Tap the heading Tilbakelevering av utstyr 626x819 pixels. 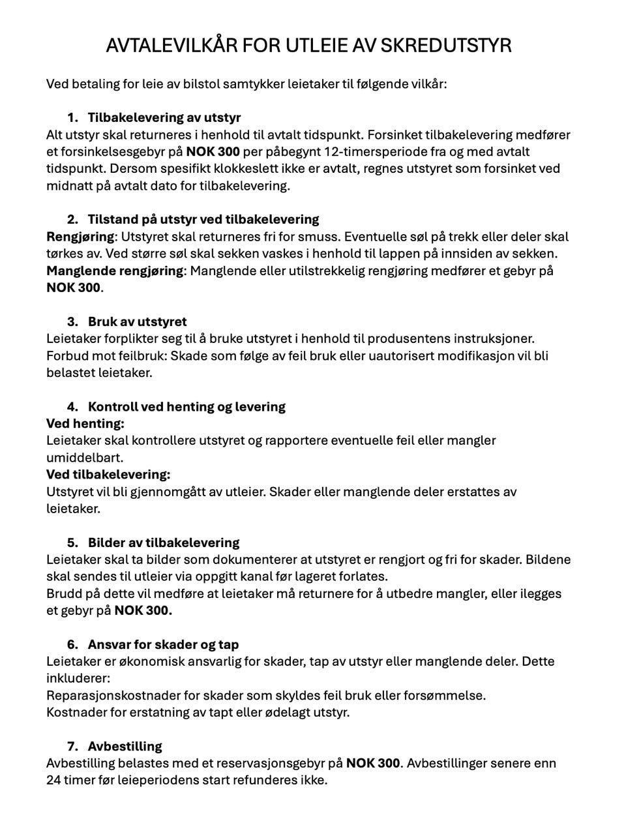(x=164, y=118)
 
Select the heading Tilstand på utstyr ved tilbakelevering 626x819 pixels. (x=203, y=220)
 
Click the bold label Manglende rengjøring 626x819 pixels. (x=115, y=271)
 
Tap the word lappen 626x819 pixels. (x=396, y=254)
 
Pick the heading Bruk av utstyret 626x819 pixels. (x=138, y=322)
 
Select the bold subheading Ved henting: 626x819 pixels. (x=85, y=424)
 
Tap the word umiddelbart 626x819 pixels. (x=85, y=458)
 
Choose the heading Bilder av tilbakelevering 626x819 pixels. (x=164, y=543)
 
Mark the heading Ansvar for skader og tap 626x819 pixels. (x=164, y=645)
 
